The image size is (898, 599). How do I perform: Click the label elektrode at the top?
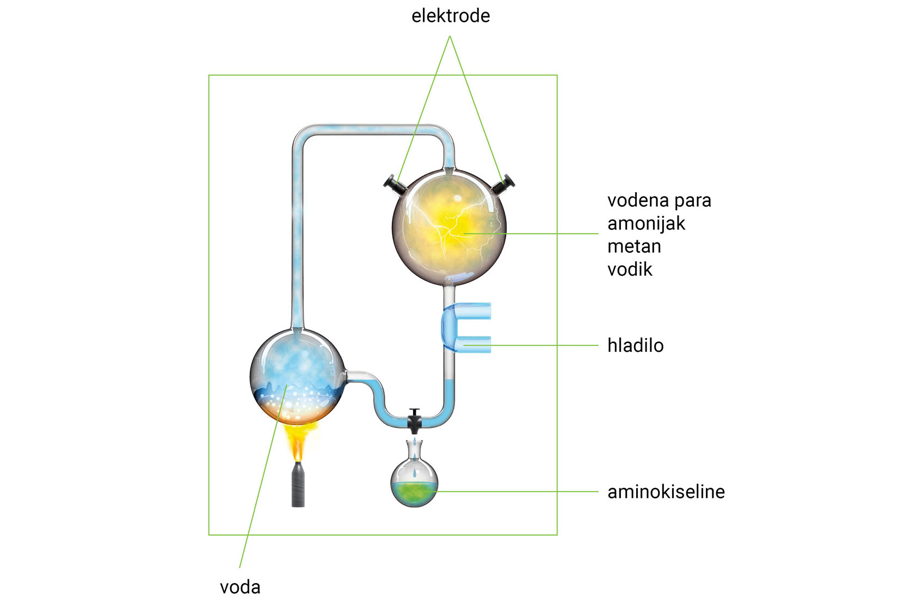[x=450, y=16]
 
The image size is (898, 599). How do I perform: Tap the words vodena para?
[x=659, y=200]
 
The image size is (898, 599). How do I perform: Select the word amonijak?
[x=646, y=224]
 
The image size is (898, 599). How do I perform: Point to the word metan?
[x=634, y=247]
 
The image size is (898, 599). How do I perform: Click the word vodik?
[x=630, y=270]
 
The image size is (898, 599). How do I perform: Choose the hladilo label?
[x=635, y=345]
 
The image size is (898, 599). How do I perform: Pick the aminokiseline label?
[x=666, y=492]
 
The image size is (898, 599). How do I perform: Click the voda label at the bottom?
[x=240, y=587]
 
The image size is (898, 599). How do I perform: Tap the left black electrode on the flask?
[x=395, y=184]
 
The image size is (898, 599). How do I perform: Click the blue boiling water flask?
[x=297, y=376]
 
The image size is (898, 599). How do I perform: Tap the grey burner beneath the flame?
[x=298, y=485]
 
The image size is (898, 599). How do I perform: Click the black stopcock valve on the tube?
[x=415, y=420]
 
